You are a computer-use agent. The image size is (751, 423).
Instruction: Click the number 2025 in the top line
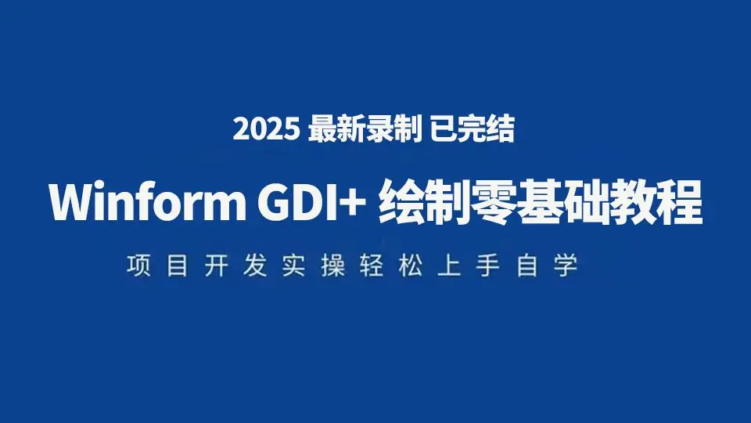(x=266, y=129)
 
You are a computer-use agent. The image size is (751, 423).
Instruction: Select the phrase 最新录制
(x=365, y=129)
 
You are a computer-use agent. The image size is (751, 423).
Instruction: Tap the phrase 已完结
(x=473, y=129)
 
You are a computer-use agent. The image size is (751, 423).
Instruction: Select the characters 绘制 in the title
(x=423, y=202)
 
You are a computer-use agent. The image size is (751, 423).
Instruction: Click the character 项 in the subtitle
(x=138, y=266)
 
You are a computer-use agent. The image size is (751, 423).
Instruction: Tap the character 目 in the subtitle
(x=178, y=266)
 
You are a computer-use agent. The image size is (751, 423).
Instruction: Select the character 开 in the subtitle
(x=216, y=266)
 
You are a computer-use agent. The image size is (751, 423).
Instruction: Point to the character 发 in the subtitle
(x=255, y=266)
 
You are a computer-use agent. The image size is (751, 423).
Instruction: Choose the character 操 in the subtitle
(x=333, y=266)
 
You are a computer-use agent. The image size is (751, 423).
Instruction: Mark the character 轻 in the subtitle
(x=372, y=266)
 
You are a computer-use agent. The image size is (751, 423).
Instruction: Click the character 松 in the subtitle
(x=411, y=266)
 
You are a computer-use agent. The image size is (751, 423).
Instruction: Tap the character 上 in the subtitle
(x=449, y=266)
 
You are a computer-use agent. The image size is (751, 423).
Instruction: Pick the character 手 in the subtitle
(x=488, y=266)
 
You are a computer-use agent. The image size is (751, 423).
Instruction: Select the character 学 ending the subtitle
(x=566, y=266)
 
